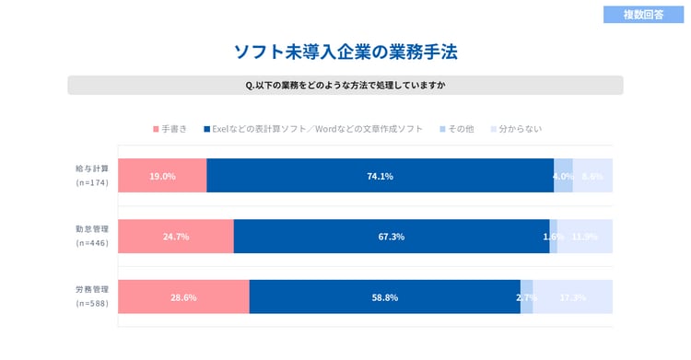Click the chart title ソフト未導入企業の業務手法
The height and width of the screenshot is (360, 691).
pos(345,52)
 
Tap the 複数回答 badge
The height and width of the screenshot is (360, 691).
pos(643,15)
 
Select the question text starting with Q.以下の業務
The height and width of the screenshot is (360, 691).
pos(345,86)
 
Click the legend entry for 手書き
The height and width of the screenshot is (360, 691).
pos(170,129)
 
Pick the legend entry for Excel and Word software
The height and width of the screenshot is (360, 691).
pos(313,129)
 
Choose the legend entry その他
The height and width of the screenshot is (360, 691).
pos(456,129)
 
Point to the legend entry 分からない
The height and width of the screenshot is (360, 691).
pos(516,129)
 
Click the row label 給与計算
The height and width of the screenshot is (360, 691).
pos(92,168)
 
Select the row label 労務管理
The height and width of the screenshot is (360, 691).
pos(92,290)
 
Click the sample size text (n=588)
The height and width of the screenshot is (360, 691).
pos(92,304)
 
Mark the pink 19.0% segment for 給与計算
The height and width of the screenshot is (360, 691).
pos(162,176)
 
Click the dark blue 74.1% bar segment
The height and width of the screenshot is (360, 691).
pos(380,176)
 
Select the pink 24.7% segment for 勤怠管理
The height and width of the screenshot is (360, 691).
pos(175,237)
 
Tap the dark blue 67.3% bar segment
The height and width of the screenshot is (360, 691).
pos(391,237)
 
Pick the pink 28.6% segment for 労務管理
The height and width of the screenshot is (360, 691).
pos(183,297)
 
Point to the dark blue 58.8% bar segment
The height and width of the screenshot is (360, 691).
pos(384,297)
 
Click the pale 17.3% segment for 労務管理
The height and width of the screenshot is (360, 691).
pos(573,297)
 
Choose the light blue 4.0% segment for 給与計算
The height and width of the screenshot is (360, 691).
pos(563,176)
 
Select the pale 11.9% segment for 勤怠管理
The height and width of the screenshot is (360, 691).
pos(585,237)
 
